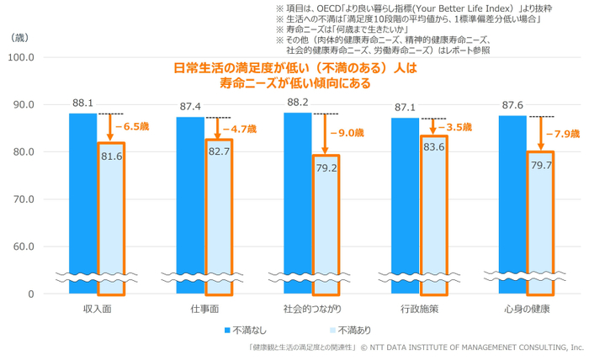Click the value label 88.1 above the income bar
(82, 103)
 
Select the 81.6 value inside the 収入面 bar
(111, 156)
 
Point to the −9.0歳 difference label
(346, 133)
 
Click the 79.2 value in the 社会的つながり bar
(326, 168)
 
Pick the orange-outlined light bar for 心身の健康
(540, 223)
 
